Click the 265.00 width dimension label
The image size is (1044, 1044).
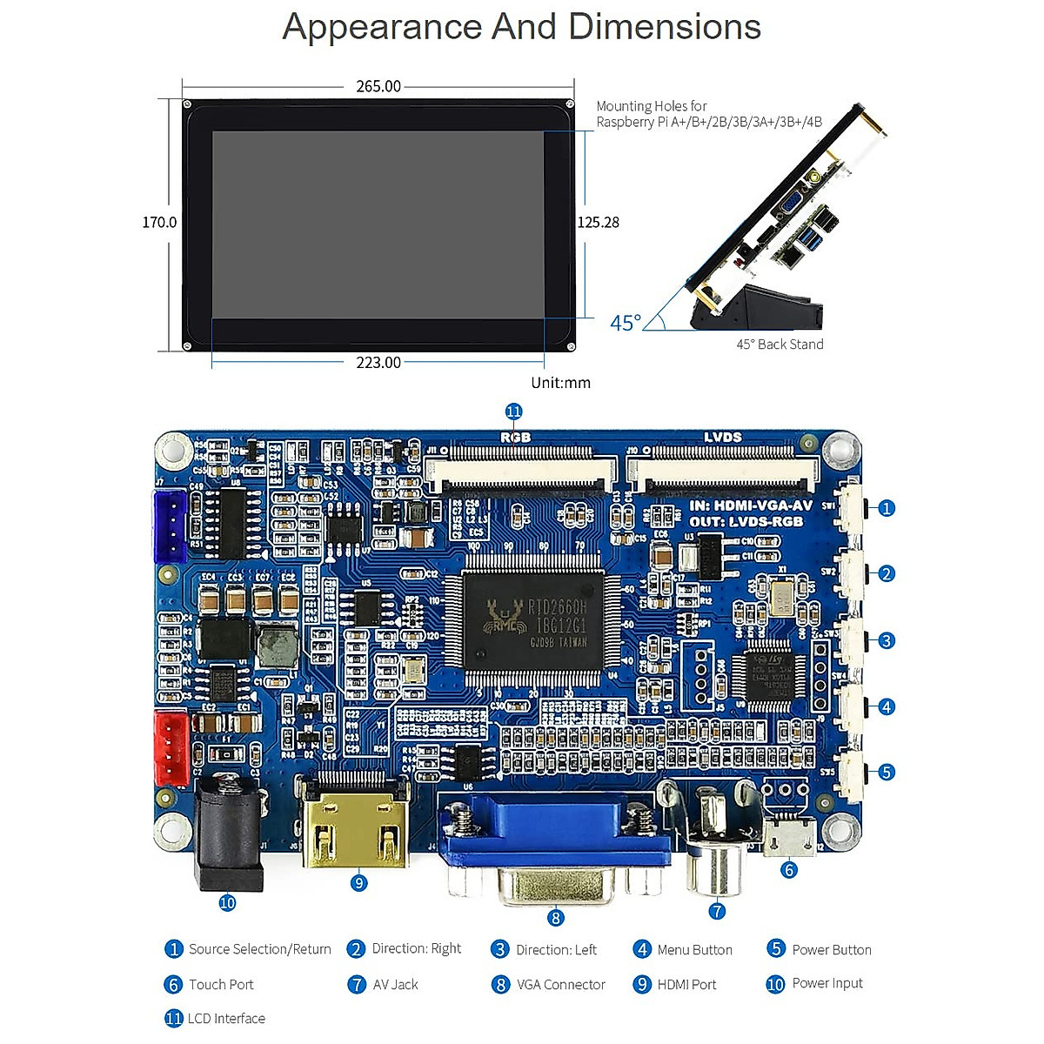click(x=378, y=86)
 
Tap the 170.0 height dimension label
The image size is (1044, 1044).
click(x=159, y=223)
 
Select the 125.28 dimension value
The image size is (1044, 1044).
click(x=599, y=223)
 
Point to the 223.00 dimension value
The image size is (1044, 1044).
click(x=378, y=363)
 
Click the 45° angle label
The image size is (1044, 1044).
click(x=626, y=324)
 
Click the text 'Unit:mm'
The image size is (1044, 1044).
click(x=560, y=383)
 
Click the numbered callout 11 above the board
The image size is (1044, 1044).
click(x=513, y=412)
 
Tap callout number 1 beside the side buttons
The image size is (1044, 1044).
click(x=886, y=508)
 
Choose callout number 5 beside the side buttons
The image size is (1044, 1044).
click(x=886, y=772)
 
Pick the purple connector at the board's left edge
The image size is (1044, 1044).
click(x=170, y=525)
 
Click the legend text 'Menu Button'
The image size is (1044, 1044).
click(x=694, y=950)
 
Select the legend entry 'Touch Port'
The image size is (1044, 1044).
click(x=221, y=985)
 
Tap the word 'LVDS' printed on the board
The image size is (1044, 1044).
click(x=722, y=438)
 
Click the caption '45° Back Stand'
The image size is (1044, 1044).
click(x=780, y=345)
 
